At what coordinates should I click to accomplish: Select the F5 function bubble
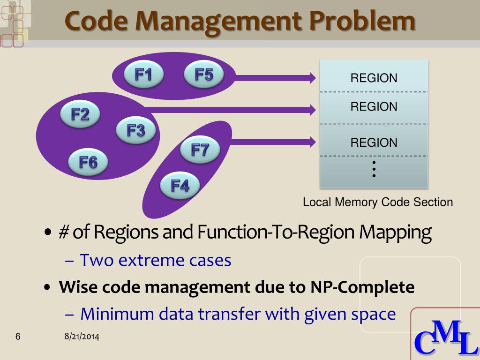[x=203, y=75]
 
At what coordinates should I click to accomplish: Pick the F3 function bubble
[x=136, y=131]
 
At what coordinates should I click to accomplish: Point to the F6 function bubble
[x=88, y=163]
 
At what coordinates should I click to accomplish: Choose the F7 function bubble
[x=200, y=150]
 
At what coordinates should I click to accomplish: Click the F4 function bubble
[x=180, y=186]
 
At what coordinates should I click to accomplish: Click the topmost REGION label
[x=374, y=78]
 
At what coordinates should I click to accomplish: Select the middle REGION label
[x=374, y=107]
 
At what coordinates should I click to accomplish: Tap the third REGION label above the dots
[x=374, y=142]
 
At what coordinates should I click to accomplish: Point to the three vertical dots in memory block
[x=374, y=169]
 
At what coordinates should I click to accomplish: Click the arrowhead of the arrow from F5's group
[x=311, y=77]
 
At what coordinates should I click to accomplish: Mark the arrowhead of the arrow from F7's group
[x=311, y=140]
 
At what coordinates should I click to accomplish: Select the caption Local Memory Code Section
[x=378, y=202]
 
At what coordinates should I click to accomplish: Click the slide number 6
[x=18, y=337]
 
